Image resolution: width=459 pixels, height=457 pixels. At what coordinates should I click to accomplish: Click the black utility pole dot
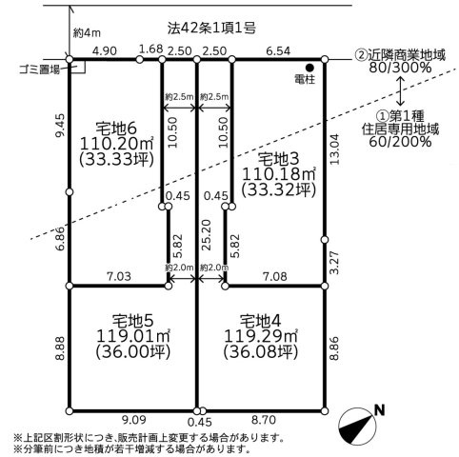[x=309, y=68]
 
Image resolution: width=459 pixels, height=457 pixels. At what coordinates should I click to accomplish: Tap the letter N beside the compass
[x=380, y=410]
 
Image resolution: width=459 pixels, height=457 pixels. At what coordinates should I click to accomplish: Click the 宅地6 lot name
[x=116, y=129]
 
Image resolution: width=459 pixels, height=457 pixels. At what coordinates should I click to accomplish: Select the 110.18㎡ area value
[x=279, y=174]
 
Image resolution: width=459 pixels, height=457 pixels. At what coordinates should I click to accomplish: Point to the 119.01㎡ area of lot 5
[x=133, y=336]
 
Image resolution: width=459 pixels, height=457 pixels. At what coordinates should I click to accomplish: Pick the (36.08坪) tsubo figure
[x=261, y=351]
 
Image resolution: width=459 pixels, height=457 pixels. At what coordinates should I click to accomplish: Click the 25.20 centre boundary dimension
[x=206, y=235]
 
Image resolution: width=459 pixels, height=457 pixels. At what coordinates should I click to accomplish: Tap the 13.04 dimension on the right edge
[x=334, y=149]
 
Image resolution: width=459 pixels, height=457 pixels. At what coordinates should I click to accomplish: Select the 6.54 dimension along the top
[x=278, y=51]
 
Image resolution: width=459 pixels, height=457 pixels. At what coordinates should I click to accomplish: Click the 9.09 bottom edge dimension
[x=134, y=420]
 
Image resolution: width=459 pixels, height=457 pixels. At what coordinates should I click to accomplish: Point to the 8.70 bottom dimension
[x=264, y=420]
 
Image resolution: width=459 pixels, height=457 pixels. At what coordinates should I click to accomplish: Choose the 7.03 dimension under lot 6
[x=119, y=276]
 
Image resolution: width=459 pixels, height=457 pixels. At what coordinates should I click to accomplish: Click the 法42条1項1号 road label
[x=211, y=29]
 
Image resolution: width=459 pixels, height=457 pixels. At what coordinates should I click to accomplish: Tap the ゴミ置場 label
[x=39, y=70]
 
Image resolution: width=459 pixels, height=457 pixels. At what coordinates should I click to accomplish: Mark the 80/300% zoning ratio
[x=400, y=68]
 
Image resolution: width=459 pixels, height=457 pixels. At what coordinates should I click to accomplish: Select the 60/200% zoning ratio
[x=400, y=142]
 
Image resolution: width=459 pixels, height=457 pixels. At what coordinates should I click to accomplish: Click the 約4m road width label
[x=87, y=32]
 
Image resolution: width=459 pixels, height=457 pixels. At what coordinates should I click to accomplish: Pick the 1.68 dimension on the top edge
[x=151, y=50]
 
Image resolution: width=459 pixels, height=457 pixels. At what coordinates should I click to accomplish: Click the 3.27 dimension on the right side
[x=334, y=263]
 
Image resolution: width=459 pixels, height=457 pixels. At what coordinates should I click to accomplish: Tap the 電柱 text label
[x=305, y=79]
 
